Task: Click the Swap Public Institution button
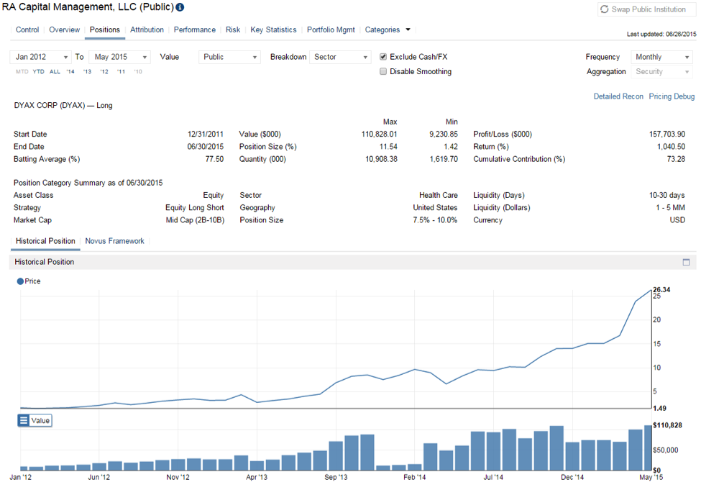pyautogui.click(x=646, y=9)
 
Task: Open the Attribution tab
pyautogui.click(x=147, y=29)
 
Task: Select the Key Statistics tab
pyautogui.click(x=273, y=29)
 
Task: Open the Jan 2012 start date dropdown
pyautogui.click(x=42, y=57)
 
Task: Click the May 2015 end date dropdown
pyautogui.click(x=121, y=57)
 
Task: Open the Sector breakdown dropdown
pyautogui.click(x=340, y=57)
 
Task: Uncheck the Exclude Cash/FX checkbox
pyautogui.click(x=383, y=57)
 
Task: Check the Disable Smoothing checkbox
pyautogui.click(x=383, y=71)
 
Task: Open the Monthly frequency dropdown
pyautogui.click(x=661, y=57)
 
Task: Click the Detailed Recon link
pyautogui.click(x=618, y=96)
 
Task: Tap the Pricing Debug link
pyautogui.click(x=672, y=96)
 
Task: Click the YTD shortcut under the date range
pyautogui.click(x=38, y=71)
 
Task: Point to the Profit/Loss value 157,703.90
pyautogui.click(x=666, y=134)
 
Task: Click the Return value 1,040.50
pyautogui.click(x=670, y=147)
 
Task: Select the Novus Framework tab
pyautogui.click(x=114, y=241)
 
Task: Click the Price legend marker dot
pyautogui.click(x=20, y=281)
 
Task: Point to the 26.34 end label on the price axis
pyautogui.click(x=662, y=289)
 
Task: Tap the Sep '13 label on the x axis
pyautogui.click(x=336, y=476)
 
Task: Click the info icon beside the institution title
pyautogui.click(x=180, y=8)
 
